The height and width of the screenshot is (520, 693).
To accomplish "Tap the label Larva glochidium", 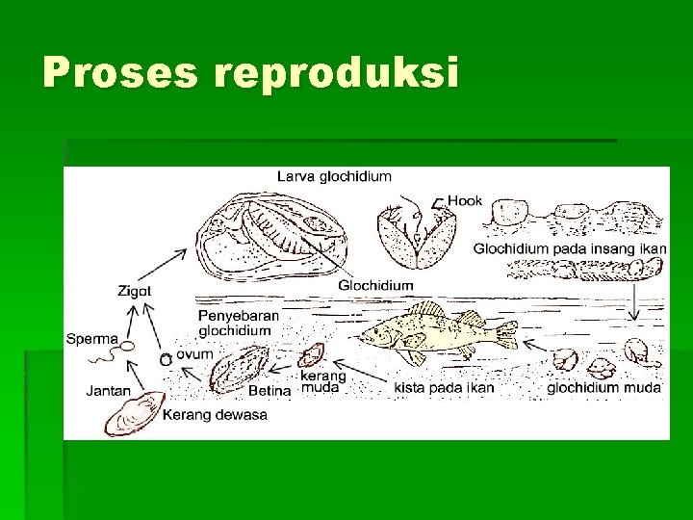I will tap(334, 176).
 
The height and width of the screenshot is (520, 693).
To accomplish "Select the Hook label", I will tap(465, 200).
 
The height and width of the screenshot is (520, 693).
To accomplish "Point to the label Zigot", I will tap(135, 290).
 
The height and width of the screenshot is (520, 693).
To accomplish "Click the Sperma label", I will tap(92, 338).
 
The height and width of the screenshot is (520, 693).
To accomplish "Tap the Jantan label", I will tap(108, 391).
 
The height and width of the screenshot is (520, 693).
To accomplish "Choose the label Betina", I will tap(269, 391).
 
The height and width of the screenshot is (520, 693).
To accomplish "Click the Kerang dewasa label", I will tap(215, 415).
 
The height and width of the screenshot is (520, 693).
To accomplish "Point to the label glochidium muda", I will tap(604, 388).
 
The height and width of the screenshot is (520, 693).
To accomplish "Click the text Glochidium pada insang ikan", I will tap(569, 248).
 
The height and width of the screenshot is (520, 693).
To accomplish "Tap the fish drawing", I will tap(433, 333).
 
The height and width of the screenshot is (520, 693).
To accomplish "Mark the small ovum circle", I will tap(166, 358).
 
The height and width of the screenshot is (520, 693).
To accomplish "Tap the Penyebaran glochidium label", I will tap(240, 323).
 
